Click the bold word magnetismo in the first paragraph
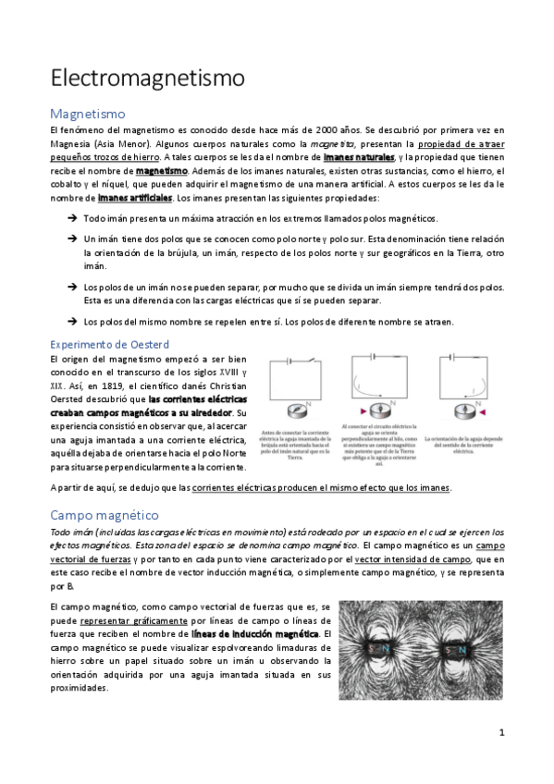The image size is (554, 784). (x=161, y=171)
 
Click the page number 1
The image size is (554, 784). (x=500, y=733)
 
